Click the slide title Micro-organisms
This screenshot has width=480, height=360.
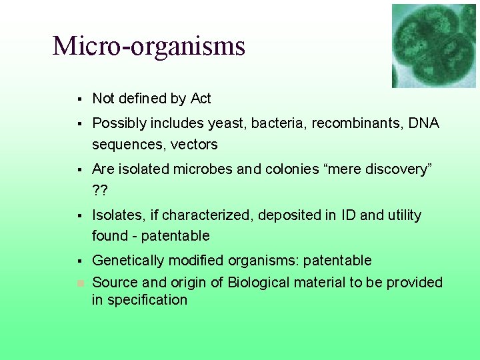[x=149, y=46]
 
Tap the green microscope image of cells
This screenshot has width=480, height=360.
[x=433, y=45]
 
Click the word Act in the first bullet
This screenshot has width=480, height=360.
[x=201, y=99]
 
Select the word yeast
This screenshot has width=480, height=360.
[x=226, y=124]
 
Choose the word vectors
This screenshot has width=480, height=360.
[x=194, y=145]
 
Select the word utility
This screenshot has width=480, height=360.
[x=399, y=215]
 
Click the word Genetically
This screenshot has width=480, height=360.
[x=127, y=261]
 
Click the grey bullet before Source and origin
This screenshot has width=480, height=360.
[x=79, y=283]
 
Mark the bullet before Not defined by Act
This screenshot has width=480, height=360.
[x=79, y=99]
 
